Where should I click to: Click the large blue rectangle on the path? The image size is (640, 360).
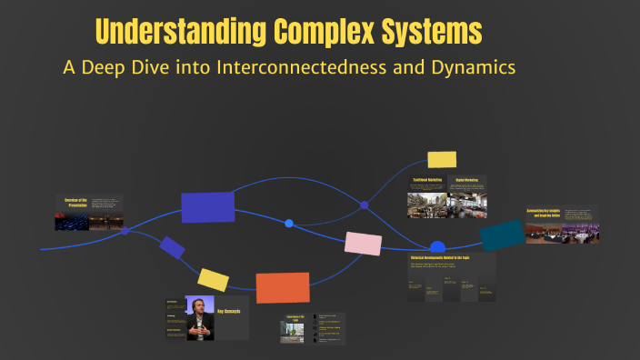pyautogui.click(x=207, y=207)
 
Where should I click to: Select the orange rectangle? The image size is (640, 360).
pyautogui.click(x=283, y=287)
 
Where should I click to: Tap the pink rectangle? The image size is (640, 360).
pyautogui.click(x=363, y=244)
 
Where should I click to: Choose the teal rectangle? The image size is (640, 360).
pyautogui.click(x=502, y=235)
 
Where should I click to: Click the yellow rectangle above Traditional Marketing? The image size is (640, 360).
pyautogui.click(x=442, y=159)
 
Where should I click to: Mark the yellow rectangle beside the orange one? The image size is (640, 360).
pyautogui.click(x=213, y=280)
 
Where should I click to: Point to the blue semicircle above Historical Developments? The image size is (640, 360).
pyautogui.click(x=437, y=246)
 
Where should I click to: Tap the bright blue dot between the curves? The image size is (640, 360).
pyautogui.click(x=289, y=223)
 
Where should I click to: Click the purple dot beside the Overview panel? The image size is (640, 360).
pyautogui.click(x=125, y=231)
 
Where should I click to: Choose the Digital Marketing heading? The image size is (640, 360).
pyautogui.click(x=466, y=181)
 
